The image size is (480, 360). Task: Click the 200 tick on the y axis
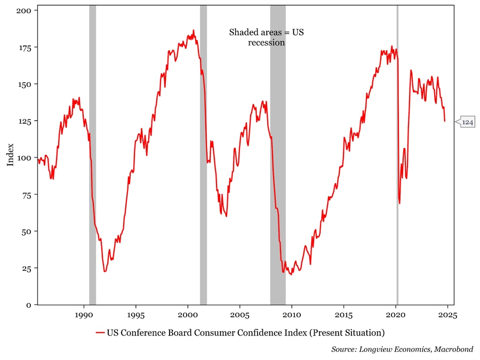(25, 11)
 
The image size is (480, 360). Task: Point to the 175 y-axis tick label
(25, 47)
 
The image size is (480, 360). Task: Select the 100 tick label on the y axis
(25, 158)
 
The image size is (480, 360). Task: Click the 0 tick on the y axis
(30, 305)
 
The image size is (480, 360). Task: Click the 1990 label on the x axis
(84, 314)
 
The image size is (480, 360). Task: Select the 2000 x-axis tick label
(188, 314)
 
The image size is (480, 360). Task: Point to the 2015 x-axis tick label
(344, 314)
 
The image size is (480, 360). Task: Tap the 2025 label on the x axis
(447, 314)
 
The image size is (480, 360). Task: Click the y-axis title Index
(10, 155)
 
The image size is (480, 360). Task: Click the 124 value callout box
(467, 122)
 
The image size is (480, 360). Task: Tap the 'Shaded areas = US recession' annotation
(266, 37)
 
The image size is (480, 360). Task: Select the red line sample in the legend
(100, 333)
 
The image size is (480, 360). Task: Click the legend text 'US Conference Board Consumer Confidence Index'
(245, 333)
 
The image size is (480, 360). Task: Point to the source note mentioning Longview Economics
(402, 349)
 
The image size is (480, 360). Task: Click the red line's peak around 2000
(194, 30)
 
